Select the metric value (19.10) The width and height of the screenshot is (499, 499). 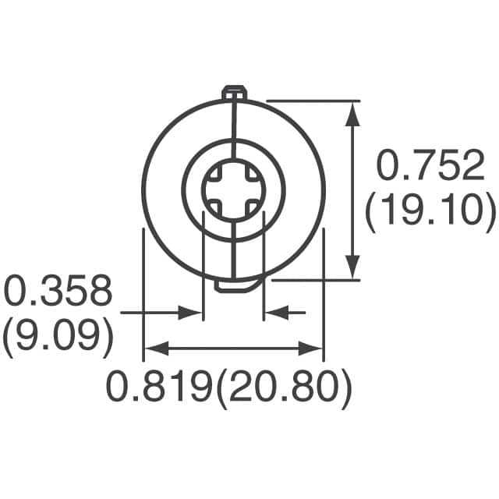tap(430, 211)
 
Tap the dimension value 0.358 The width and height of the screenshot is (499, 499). tap(58, 292)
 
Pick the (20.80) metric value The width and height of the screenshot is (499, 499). tap(281, 388)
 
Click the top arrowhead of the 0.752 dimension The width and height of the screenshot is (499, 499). tap(353, 113)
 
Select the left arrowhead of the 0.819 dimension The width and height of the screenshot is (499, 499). tap(153, 349)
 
